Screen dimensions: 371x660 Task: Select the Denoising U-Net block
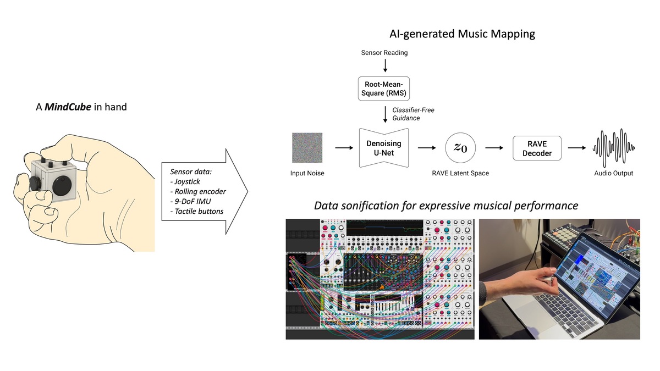click(384, 147)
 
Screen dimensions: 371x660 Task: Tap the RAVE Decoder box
click(537, 148)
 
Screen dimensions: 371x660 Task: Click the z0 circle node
click(460, 148)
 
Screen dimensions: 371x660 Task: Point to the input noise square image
click(307, 148)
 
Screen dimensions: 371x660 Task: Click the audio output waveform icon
click(613, 148)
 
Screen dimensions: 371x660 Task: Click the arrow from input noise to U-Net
click(343, 148)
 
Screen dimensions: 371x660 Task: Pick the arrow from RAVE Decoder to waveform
click(577, 148)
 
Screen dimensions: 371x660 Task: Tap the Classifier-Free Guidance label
click(413, 114)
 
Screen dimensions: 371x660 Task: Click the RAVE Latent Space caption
click(460, 173)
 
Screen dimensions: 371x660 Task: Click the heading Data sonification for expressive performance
click(446, 206)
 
